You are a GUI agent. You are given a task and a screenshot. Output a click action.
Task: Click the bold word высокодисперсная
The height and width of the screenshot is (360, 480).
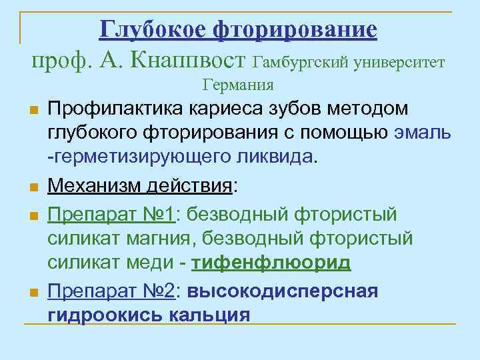pyautogui.click(x=283, y=291)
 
